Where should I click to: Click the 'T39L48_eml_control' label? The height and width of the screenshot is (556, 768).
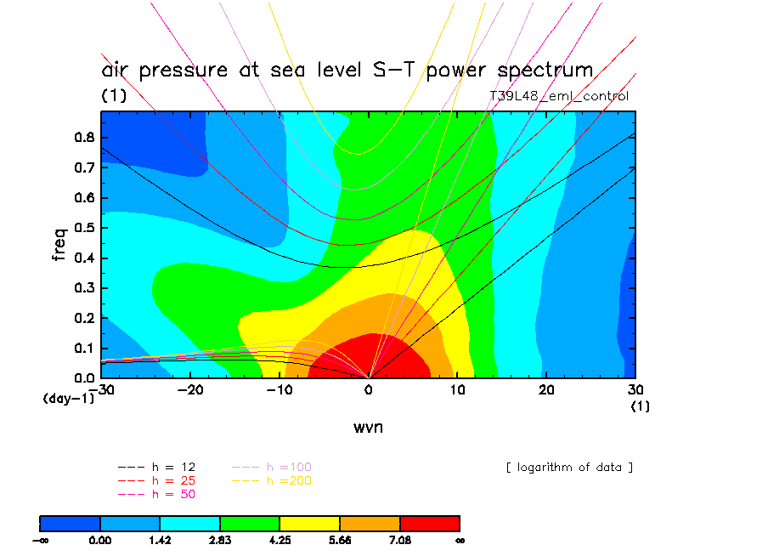tap(559, 96)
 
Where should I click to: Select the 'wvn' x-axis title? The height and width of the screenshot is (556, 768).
tap(368, 427)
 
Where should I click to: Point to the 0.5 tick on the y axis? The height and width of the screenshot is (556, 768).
tap(84, 228)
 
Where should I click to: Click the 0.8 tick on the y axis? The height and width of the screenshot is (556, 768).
tap(84, 139)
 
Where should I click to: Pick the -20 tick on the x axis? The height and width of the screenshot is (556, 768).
tap(191, 390)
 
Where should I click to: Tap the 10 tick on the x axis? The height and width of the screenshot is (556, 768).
tap(458, 390)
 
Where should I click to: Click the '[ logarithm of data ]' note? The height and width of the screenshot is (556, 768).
tap(569, 468)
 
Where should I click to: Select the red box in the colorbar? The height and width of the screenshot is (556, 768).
tap(430, 523)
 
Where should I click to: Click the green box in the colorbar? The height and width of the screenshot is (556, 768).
tap(250, 523)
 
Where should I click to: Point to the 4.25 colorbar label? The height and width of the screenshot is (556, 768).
tap(280, 539)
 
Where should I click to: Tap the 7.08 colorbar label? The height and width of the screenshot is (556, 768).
tap(400, 539)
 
